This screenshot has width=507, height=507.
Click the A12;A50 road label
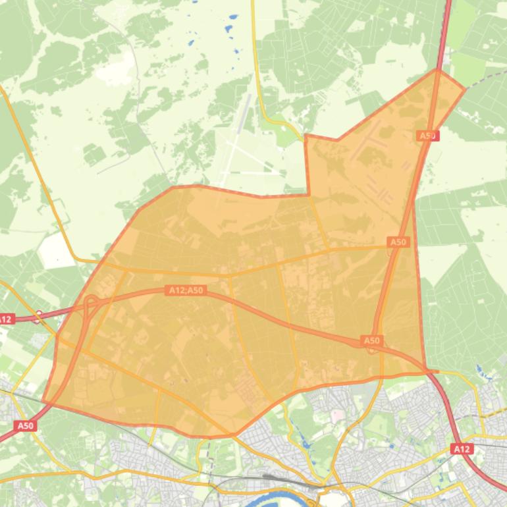click(186, 290)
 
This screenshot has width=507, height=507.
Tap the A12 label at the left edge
click(6, 319)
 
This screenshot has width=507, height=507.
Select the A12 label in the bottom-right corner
click(462, 449)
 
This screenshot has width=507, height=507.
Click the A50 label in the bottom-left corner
click(24, 426)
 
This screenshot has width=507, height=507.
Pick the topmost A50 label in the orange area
click(428, 136)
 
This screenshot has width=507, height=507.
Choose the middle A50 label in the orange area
click(398, 242)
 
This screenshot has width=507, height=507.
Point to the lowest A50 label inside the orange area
click(372, 340)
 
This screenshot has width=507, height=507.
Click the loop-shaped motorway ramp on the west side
click(91, 304)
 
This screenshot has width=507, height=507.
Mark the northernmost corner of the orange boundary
click(438, 70)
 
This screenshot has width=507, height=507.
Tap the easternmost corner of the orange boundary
click(465, 89)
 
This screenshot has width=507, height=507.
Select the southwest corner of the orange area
click(43, 401)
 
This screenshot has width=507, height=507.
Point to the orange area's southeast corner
click(425, 371)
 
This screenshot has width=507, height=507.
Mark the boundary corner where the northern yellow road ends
click(306, 136)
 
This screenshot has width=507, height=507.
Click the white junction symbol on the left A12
click(39, 315)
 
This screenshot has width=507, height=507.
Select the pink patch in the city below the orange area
click(337, 415)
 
